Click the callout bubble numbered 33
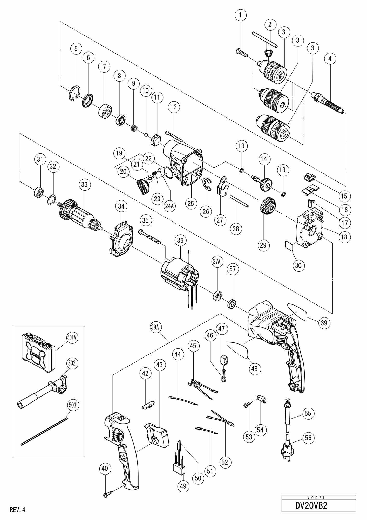(84, 185)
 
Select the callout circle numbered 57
(233, 269)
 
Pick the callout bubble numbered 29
(263, 245)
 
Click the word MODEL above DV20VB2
(319, 498)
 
